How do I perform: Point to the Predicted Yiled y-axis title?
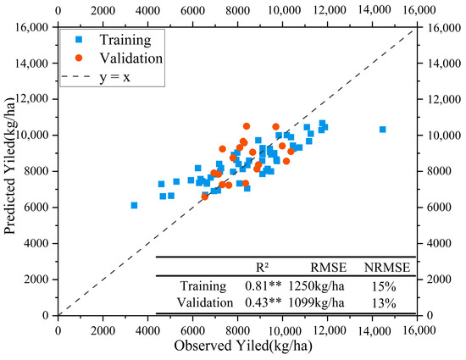(11, 171)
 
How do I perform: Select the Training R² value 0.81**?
(264, 286)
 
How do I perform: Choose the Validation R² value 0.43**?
(264, 302)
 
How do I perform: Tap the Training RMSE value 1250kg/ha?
(316, 286)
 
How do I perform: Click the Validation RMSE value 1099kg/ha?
(316, 302)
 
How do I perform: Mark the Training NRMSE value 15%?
(380, 286)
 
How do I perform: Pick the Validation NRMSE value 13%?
(380, 302)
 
